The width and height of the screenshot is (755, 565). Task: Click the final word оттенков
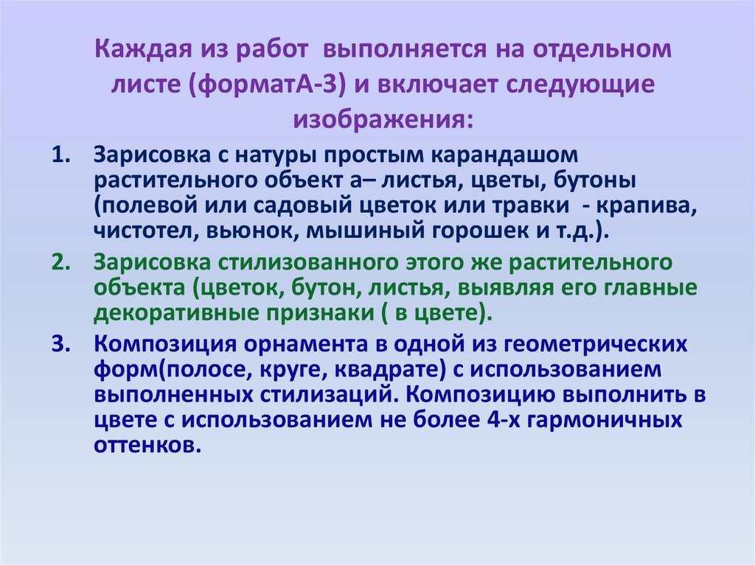(147, 444)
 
